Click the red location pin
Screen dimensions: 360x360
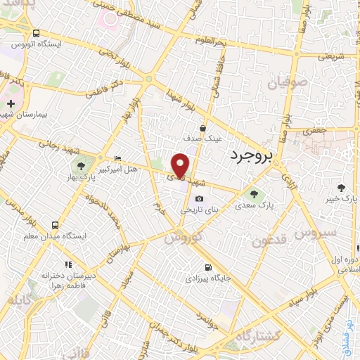(181, 165)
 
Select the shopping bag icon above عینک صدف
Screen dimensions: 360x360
(202, 128)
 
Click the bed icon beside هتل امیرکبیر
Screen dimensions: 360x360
(117, 158)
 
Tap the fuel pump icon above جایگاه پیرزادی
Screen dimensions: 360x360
(207, 267)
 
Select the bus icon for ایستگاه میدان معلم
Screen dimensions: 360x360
(55, 226)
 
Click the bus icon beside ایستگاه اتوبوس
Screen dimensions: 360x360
(37, 33)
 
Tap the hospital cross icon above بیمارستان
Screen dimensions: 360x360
(10, 104)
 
